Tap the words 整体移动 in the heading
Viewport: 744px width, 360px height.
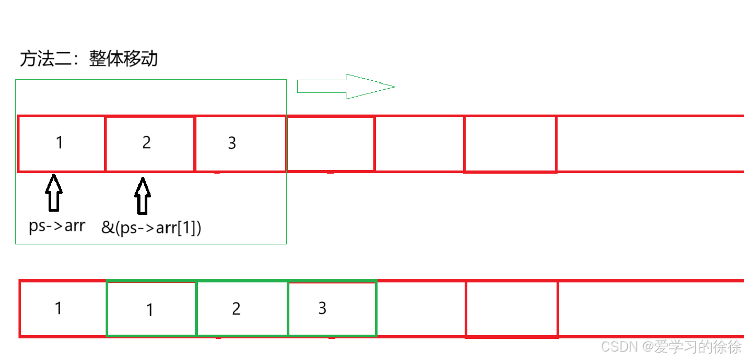[124, 59]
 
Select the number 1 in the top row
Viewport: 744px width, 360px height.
[60, 143]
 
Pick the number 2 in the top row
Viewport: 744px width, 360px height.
[146, 143]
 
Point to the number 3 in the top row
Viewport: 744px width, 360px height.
[232, 143]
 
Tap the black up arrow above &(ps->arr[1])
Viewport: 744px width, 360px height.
[142, 196]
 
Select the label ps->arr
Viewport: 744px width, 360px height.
[56, 226]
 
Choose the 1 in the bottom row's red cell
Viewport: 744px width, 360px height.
[59, 308]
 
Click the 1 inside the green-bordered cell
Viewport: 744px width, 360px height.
[150, 310]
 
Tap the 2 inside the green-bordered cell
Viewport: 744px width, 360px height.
[236, 309]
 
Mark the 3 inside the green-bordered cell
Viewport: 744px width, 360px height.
[322, 308]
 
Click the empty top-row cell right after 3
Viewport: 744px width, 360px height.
[331, 144]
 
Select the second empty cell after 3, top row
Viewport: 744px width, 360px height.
[419, 144]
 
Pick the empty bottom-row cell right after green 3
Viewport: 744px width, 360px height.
[421, 309]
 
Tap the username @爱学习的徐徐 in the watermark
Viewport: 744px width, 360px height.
[691, 347]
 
